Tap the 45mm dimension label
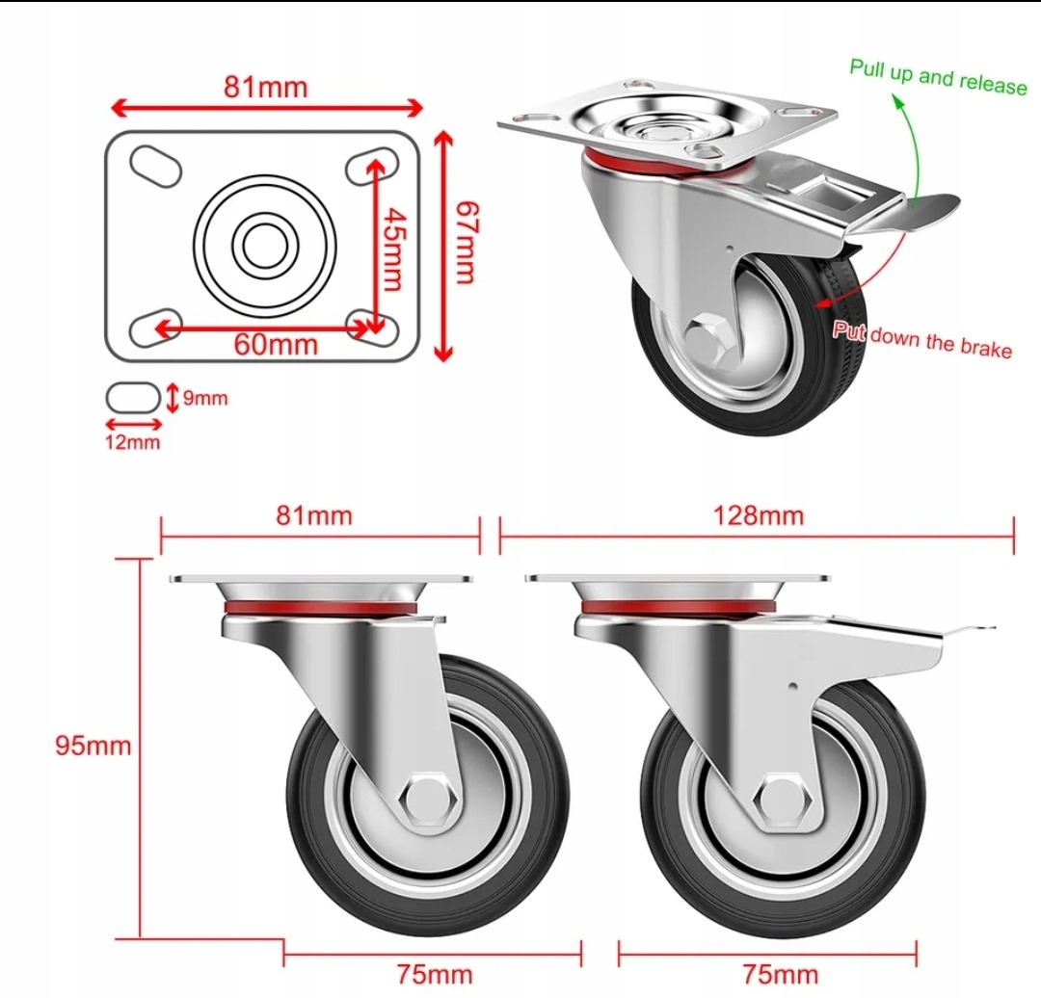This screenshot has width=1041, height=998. click(396, 249)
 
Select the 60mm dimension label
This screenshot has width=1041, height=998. click(277, 345)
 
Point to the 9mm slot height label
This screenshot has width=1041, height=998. click(205, 398)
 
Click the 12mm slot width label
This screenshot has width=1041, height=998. click(133, 442)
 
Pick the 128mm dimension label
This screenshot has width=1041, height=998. click(759, 515)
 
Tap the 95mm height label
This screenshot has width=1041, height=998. click(93, 746)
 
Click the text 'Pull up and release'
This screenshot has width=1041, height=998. click(938, 78)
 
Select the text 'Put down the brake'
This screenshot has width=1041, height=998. click(922, 340)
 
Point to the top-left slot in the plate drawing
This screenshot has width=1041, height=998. click(156, 165)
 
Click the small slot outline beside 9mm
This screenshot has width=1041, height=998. click(133, 398)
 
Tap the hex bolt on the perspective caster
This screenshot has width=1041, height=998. click(708, 340)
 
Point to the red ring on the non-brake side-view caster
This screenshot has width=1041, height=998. click(320, 608)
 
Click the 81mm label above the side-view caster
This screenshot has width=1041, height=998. click(314, 515)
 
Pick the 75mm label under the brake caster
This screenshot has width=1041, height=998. click(780, 975)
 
